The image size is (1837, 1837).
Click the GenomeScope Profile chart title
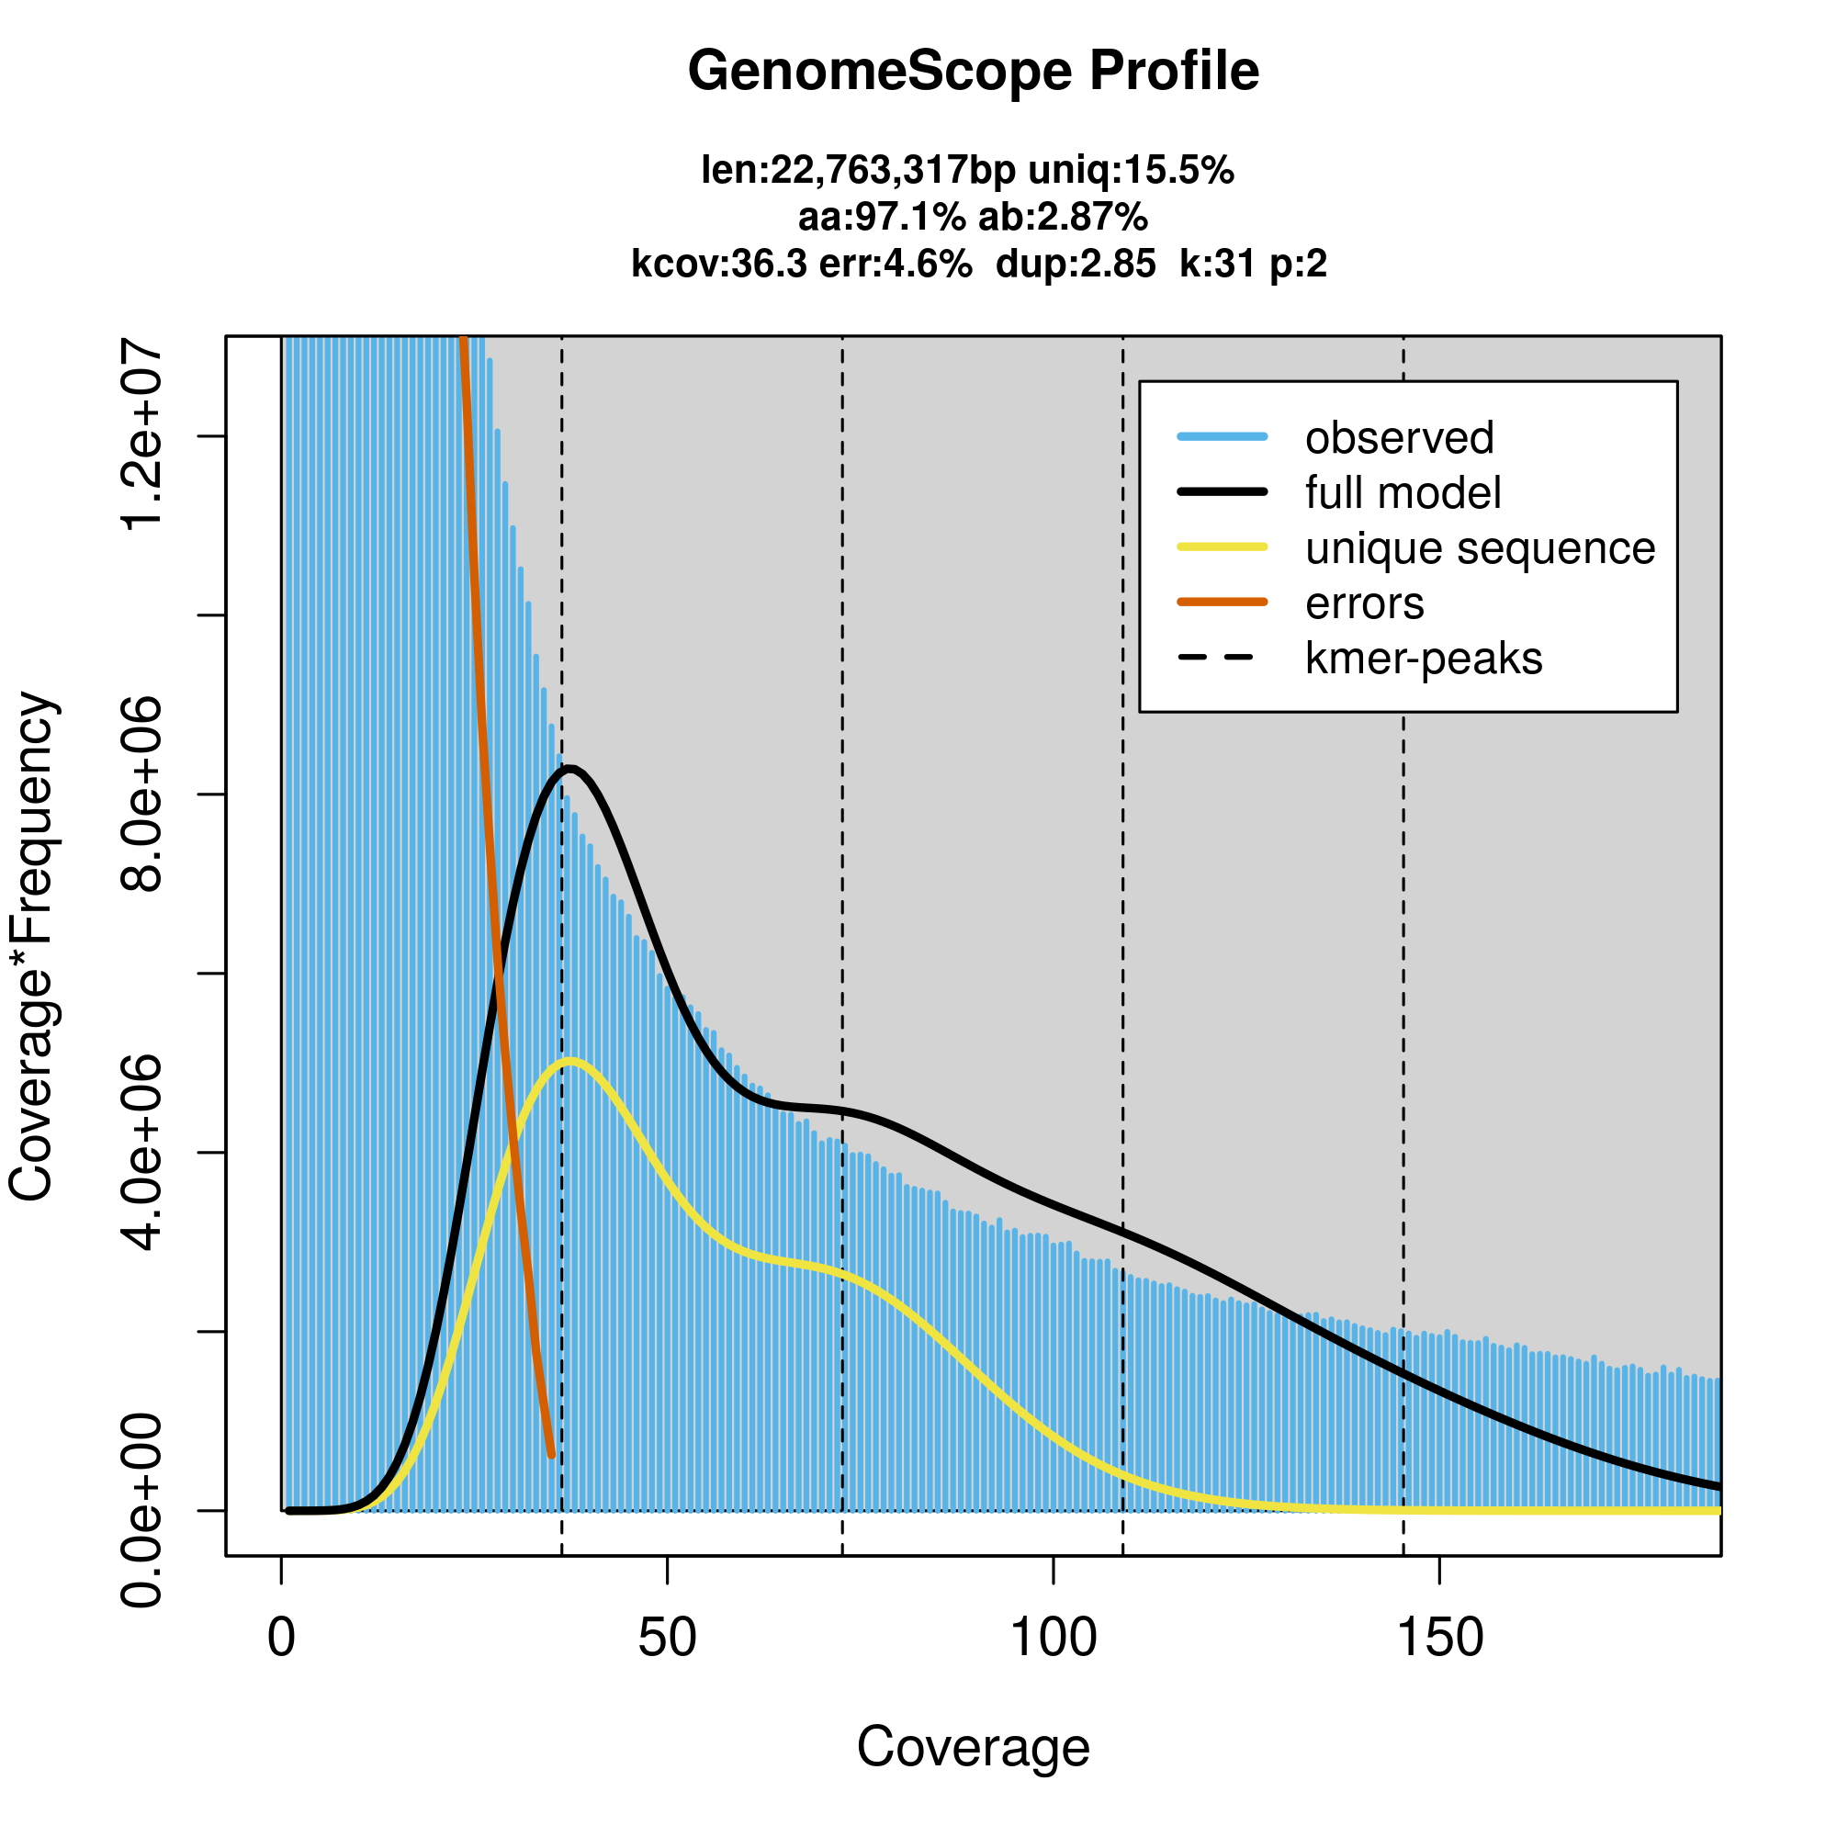pyautogui.click(x=973, y=72)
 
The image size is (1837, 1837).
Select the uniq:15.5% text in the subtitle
pyautogui.click(x=1131, y=171)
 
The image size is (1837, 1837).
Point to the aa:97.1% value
pyautogui.click(x=882, y=218)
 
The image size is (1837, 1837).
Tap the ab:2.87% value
pyautogui.click(x=1063, y=218)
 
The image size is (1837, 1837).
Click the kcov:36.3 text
pyautogui.click(x=719, y=265)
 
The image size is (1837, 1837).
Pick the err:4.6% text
pyautogui.click(x=895, y=265)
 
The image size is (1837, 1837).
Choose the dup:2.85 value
pyautogui.click(x=1076, y=265)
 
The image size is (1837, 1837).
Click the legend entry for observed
pyautogui.click(x=1399, y=438)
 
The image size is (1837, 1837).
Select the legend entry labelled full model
pyautogui.click(x=1403, y=493)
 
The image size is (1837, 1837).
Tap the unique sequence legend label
pyautogui.click(x=1480, y=548)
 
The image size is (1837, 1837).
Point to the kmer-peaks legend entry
pyautogui.click(x=1424, y=659)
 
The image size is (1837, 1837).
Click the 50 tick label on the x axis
pyautogui.click(x=668, y=1638)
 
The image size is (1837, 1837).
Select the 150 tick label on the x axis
pyautogui.click(x=1439, y=1638)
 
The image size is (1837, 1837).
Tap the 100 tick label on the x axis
pyautogui.click(x=1054, y=1638)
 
